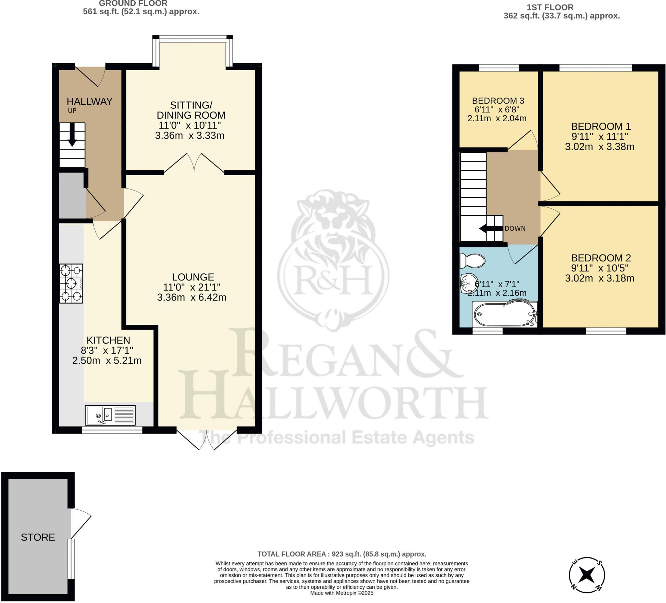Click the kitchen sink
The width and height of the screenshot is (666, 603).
[x=110, y=415]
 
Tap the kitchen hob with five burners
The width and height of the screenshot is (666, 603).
[x=71, y=283]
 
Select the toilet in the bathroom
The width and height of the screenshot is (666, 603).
[x=473, y=261]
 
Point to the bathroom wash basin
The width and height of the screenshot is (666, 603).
[x=469, y=283]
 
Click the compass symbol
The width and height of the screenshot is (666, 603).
[x=587, y=575]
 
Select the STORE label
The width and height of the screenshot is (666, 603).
[x=38, y=537]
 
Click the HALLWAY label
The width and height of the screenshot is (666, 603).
[x=89, y=101]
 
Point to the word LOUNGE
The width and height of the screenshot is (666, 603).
[x=193, y=277]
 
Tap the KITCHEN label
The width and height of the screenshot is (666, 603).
[x=108, y=340]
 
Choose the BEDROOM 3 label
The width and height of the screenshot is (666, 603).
[x=498, y=101]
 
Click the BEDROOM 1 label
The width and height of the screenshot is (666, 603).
[x=601, y=126]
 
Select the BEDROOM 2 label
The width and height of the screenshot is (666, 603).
[x=601, y=258]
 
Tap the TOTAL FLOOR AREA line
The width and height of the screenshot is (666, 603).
[x=342, y=554]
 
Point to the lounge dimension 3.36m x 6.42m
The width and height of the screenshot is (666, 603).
[x=192, y=297]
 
